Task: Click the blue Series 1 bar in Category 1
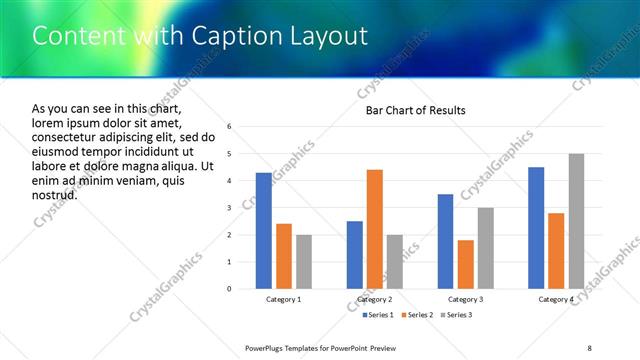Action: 264,231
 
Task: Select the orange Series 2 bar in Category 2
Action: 375,229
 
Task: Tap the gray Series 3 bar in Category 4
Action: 576,221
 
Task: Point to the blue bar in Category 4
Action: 536,228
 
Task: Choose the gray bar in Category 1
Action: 304,262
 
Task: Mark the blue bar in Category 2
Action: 355,255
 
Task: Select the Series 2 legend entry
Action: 415,315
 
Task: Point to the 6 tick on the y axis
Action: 229,127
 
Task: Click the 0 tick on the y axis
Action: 229,289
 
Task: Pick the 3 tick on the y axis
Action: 229,208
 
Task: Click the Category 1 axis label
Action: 284,299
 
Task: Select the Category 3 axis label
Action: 466,299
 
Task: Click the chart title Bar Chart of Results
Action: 415,110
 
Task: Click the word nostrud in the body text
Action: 54,194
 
